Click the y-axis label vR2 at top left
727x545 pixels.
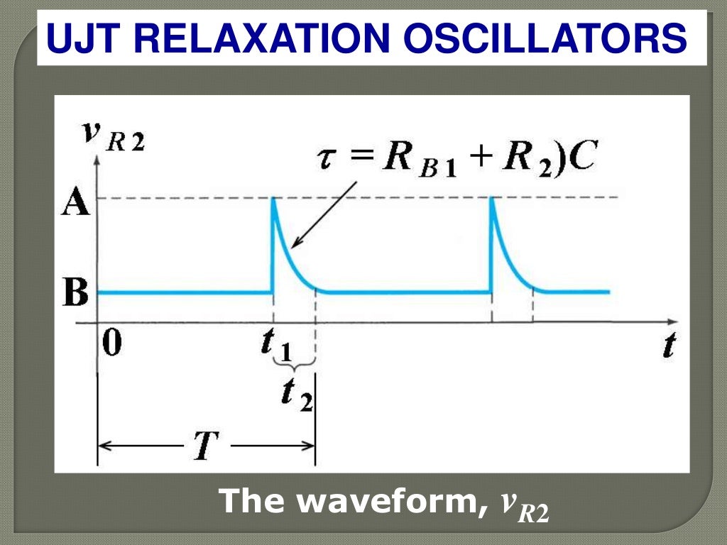[114, 136]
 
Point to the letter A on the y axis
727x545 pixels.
[75, 204]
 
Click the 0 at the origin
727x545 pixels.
[111, 343]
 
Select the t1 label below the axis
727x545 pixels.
[274, 345]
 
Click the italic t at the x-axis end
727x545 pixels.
[668, 345]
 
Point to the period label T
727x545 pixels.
[206, 446]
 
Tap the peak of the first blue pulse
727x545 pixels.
[273, 199]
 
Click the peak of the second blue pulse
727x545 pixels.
[491, 199]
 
